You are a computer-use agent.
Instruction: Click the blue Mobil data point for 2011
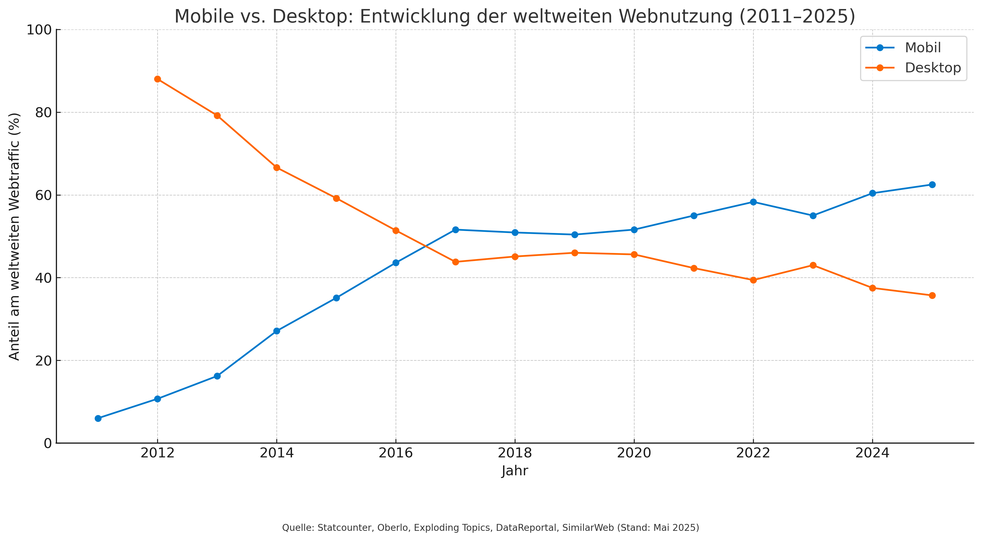[x=98, y=418]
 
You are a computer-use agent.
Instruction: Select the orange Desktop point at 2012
[x=157, y=79]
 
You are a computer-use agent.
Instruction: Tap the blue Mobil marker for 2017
[x=455, y=230]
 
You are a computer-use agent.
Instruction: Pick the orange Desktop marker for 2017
[x=455, y=262]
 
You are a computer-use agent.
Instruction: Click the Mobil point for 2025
[x=932, y=185]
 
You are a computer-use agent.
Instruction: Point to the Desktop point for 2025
[x=932, y=295]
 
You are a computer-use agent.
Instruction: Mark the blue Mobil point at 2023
[x=813, y=216]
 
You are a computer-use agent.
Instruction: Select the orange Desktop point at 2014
[x=277, y=167]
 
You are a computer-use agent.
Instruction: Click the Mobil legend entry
[x=923, y=48]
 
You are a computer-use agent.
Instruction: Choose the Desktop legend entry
[x=932, y=68]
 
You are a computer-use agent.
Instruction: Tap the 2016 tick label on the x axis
[x=396, y=453]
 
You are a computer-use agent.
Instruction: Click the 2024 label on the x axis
[x=872, y=453]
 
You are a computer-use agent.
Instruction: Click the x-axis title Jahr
[x=515, y=471]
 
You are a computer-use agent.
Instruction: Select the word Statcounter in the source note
[x=345, y=528]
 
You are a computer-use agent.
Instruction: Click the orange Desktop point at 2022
[x=753, y=280]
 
